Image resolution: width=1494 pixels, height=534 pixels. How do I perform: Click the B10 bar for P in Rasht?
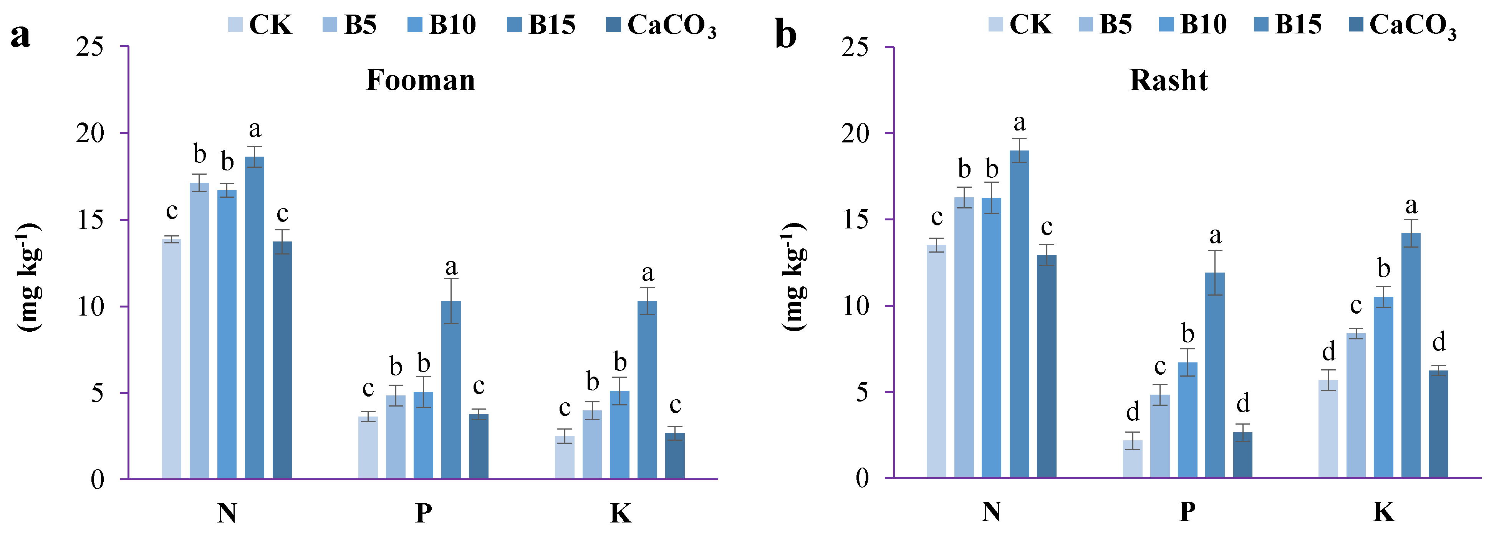pyautogui.click(x=1187, y=420)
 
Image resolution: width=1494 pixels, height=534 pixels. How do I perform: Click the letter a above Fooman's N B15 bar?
pyautogui.click(x=255, y=129)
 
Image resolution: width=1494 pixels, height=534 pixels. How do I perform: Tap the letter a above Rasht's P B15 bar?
pyautogui.click(x=1215, y=236)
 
